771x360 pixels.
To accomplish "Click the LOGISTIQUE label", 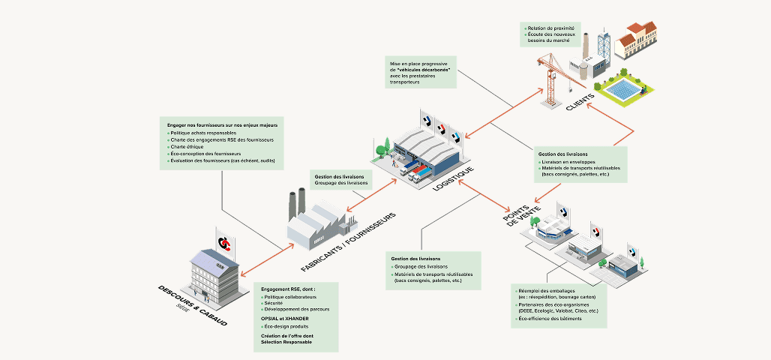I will [x=454, y=179].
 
